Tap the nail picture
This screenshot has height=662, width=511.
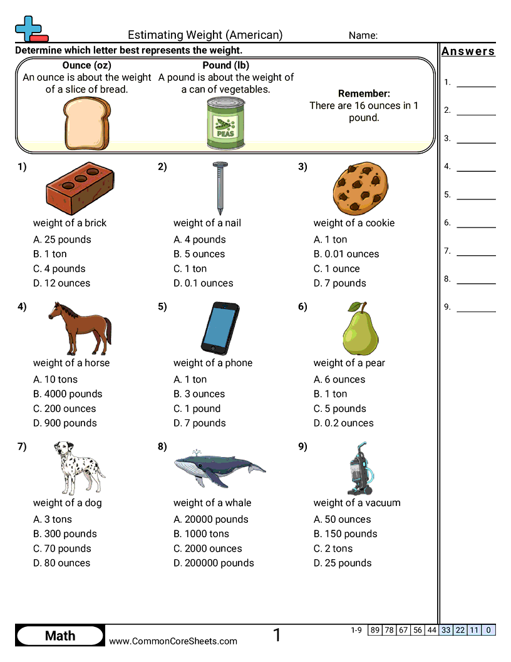tap(219, 187)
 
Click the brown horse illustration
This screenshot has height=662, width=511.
tap(80, 328)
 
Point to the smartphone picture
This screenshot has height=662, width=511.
tap(220, 328)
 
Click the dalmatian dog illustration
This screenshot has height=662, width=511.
tap(78, 468)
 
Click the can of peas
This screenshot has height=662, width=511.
tap(223, 123)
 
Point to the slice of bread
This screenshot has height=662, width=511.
tap(87, 123)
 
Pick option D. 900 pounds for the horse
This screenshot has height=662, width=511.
tap(65, 423)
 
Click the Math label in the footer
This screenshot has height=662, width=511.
tap(60, 636)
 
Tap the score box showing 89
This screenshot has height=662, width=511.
tap(375, 630)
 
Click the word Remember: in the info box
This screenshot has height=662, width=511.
tap(364, 93)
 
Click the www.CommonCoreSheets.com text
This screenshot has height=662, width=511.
tap(173, 641)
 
